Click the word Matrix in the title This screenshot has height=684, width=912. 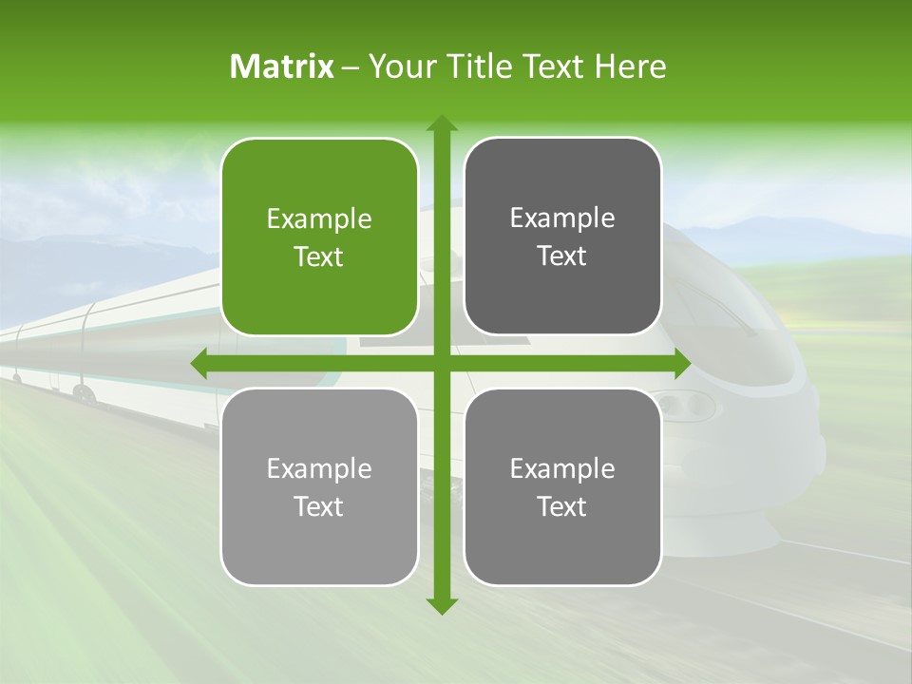pos(282,66)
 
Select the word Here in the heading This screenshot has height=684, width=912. pos(632,66)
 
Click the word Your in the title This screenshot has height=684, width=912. pos(400,66)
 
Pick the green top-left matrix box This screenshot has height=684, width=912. pos(319,237)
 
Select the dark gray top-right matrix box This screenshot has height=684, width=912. pos(562,237)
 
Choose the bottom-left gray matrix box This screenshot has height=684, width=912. pos(319,486)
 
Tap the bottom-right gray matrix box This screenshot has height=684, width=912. pos(562,486)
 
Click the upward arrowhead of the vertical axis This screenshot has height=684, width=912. pos(442,123)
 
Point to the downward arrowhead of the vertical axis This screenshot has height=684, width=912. pos(442,605)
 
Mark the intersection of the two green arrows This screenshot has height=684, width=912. pos(442,364)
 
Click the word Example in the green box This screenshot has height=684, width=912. pos(319,219)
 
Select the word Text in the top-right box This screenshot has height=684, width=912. pos(562,256)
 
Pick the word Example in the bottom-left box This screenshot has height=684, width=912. pos(319,468)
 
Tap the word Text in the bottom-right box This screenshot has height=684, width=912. pos(562,506)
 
